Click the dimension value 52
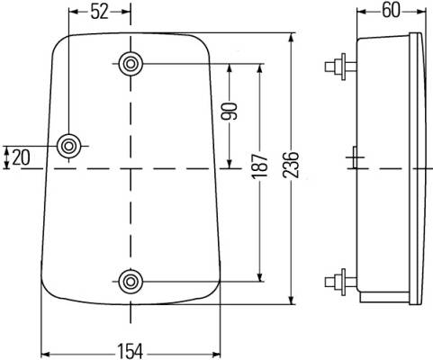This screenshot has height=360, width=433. pos(99,12)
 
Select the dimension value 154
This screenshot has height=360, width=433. pos(130,351)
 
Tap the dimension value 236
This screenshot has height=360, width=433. pos(291,165)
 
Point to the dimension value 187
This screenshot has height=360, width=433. pos(259,166)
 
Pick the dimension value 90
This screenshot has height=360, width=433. pos(229,111)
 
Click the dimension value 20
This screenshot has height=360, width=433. pos(22,157)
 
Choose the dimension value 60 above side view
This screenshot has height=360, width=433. pos(392,11)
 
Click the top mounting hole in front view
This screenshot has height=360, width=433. pos(131,64)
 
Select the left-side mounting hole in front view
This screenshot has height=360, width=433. pos(69,146)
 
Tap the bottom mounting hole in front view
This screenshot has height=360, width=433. pos(131,282)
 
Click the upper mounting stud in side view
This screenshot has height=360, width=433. pos(340,67)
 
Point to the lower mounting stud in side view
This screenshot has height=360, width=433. pos(340,282)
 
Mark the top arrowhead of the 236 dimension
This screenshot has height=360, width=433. pos(291,39)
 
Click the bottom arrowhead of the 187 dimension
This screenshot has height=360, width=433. pos(260,276)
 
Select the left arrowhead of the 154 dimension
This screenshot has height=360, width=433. pos(47,355)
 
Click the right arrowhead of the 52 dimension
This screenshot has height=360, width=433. pos(124,12)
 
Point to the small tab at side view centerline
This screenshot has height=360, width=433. pos(355,157)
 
